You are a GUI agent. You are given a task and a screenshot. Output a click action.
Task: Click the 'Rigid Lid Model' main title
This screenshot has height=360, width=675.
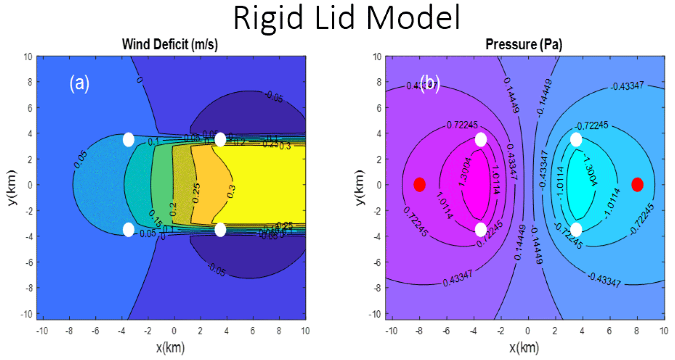(x=347, y=18)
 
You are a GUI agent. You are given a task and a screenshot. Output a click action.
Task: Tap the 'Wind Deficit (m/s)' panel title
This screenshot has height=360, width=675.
(x=170, y=44)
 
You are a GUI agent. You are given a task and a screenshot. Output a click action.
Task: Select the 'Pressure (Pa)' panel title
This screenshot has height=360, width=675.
(x=524, y=44)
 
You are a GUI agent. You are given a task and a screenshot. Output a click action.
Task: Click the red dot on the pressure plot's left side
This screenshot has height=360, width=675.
(x=419, y=185)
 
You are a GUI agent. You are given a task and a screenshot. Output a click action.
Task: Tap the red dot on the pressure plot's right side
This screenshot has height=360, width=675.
(x=637, y=185)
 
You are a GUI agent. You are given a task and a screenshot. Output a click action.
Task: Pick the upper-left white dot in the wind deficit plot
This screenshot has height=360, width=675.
(x=128, y=140)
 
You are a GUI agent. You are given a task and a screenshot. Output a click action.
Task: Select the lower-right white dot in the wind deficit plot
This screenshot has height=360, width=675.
(x=220, y=230)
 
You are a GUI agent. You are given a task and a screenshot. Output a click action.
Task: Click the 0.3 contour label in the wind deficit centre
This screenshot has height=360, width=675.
(x=231, y=191)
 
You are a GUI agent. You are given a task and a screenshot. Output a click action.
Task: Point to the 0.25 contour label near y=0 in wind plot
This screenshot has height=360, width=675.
(x=196, y=193)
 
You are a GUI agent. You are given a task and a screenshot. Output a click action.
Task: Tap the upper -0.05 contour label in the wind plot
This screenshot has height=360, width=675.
(x=274, y=97)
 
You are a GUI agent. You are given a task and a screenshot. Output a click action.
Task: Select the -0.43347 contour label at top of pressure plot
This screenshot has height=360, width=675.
(x=628, y=86)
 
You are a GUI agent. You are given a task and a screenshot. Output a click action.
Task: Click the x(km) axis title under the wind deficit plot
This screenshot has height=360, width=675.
(x=170, y=348)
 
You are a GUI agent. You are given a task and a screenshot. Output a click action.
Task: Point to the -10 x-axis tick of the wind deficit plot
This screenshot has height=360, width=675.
(x=41, y=331)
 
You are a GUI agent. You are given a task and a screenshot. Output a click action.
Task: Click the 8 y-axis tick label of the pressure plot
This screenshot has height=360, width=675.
(x=378, y=82)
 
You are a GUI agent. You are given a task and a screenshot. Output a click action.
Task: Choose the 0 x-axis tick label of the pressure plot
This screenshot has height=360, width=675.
(x=527, y=331)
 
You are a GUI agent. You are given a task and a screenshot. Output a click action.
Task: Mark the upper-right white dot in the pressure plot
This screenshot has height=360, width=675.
(x=576, y=140)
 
